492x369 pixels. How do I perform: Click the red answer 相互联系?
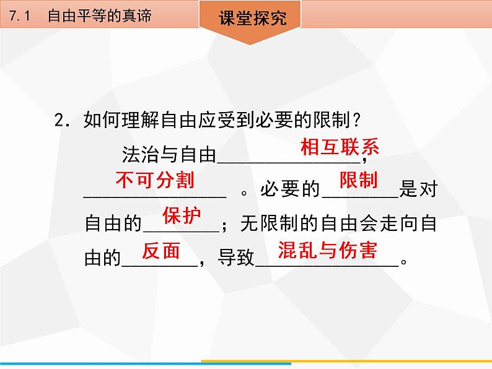(x=340, y=147)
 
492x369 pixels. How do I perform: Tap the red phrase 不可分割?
(x=155, y=180)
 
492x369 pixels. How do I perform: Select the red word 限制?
(x=359, y=180)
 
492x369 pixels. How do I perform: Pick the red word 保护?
(x=182, y=215)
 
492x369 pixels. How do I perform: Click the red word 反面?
(x=161, y=251)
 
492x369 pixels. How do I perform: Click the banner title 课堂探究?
(x=253, y=17)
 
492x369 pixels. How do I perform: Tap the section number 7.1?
(x=19, y=15)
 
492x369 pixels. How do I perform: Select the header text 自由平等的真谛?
(x=100, y=15)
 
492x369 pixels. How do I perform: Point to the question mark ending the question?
(x=356, y=119)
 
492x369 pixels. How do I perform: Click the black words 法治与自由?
(x=169, y=155)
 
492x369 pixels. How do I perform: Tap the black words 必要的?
(x=289, y=189)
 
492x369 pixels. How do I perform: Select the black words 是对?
(x=418, y=189)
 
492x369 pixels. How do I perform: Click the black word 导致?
(x=236, y=258)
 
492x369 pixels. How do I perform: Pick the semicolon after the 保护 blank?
(x=224, y=226)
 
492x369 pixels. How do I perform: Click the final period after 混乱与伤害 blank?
(x=404, y=261)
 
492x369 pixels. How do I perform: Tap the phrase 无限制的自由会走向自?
(x=338, y=224)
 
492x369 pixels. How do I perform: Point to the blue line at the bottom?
(x=146, y=363)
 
